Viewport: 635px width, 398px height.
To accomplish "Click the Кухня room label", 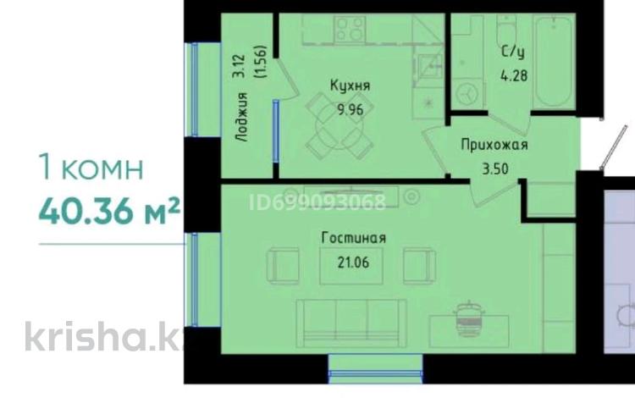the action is click(x=351, y=86).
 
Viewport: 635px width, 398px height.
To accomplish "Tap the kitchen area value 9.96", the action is click(x=351, y=110).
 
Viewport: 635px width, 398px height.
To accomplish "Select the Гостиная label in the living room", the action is click(x=354, y=238).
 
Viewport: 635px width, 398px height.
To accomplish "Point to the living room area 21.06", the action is click(x=353, y=263).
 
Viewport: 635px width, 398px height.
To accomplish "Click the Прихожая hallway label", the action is click(x=494, y=145).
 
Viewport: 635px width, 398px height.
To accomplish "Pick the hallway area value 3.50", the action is click(x=495, y=169).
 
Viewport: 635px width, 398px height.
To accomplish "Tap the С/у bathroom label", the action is click(x=513, y=53).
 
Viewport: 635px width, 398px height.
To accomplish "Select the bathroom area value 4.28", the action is click(x=514, y=75).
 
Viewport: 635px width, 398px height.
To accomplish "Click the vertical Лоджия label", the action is click(x=242, y=117).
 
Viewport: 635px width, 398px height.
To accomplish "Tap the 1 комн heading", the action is click(x=91, y=167).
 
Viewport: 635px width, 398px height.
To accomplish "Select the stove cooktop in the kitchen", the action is click(x=350, y=28).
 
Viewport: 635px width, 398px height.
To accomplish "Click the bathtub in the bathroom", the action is click(x=554, y=61).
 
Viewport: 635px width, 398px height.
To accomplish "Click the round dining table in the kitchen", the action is click(x=340, y=125).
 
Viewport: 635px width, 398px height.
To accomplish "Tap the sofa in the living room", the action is click(x=351, y=323).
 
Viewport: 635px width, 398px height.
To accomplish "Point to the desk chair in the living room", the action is click(x=469, y=318).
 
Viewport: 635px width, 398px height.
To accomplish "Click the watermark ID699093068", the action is click(x=317, y=202).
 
